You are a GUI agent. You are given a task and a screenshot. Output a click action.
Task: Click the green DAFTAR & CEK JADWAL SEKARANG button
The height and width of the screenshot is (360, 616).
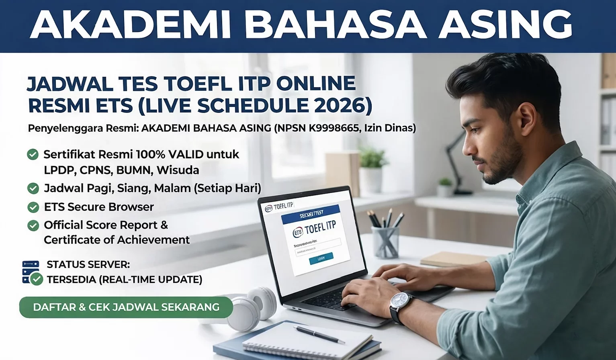coord(126,307)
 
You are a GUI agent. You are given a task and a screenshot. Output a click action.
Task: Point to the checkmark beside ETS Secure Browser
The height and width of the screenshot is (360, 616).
coord(33,207)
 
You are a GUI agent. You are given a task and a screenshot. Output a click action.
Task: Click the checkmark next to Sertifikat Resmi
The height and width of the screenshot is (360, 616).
coord(33,154)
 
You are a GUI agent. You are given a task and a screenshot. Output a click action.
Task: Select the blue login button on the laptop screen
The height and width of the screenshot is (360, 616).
coord(321,259)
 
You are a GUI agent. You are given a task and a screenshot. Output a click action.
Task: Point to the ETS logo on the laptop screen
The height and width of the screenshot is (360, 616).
coord(298,232)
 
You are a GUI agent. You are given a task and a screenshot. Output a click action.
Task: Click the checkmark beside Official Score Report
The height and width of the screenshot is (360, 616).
coord(33,225)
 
